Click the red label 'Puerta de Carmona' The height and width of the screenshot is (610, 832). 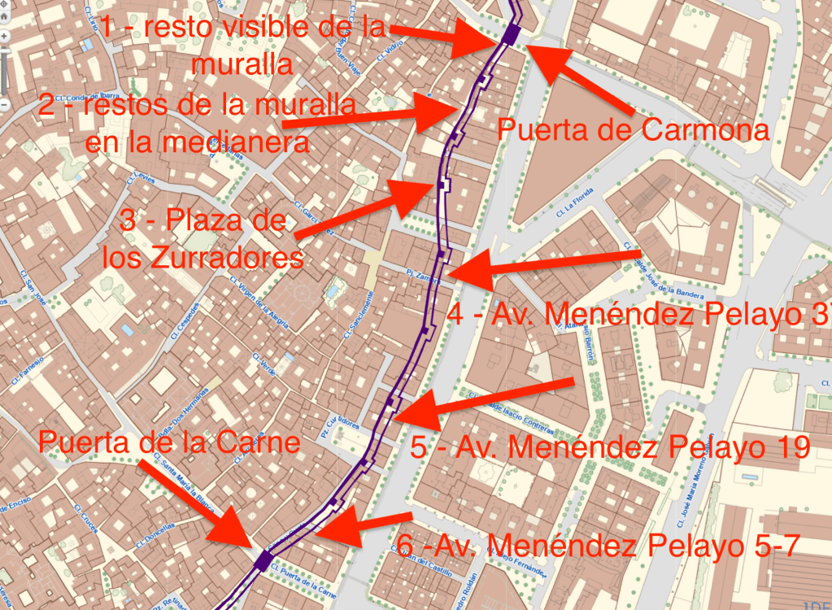click(633, 130)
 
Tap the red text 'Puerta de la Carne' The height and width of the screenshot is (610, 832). click(169, 443)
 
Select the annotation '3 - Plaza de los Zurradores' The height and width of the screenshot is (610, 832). click(203, 240)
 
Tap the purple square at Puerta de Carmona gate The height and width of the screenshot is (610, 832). click(511, 33)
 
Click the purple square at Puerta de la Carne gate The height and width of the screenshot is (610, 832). click(263, 560)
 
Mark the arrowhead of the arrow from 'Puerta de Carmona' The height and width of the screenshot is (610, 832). click(537, 57)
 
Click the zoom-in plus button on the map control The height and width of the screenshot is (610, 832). click(4, 37)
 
